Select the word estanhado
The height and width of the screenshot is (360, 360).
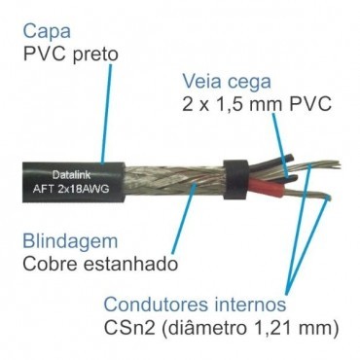pyautogui.click(x=130, y=263)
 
